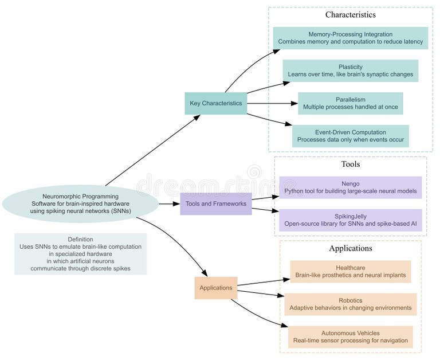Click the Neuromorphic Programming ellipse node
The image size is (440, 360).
pyautogui.click(x=80, y=204)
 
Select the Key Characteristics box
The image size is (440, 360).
pyautogui.click(x=215, y=103)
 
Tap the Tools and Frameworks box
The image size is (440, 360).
pyautogui.click(x=215, y=204)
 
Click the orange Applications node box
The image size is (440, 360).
pyautogui.click(x=215, y=288)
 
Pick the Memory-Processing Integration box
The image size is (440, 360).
pyautogui.click(x=350, y=38)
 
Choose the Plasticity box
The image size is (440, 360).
pyautogui.click(x=350, y=71)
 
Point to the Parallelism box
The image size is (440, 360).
pyautogui.click(x=350, y=103)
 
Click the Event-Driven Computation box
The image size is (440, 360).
pyautogui.click(x=350, y=136)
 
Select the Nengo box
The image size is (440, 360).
pyautogui.click(x=350, y=187)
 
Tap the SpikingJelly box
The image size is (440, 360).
pyautogui.click(x=350, y=220)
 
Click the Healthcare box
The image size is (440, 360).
pyautogui.click(x=350, y=272)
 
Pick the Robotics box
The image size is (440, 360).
pyautogui.click(x=350, y=304)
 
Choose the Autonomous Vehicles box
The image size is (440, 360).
pyautogui.click(x=350, y=337)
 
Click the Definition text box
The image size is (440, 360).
pyautogui.click(x=80, y=254)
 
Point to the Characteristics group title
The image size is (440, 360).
pyautogui.click(x=350, y=14)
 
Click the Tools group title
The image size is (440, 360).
pyautogui.click(x=350, y=164)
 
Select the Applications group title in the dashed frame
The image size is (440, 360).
pyautogui.click(x=350, y=248)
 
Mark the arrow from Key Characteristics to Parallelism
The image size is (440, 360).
pyautogui.click(x=272, y=104)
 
